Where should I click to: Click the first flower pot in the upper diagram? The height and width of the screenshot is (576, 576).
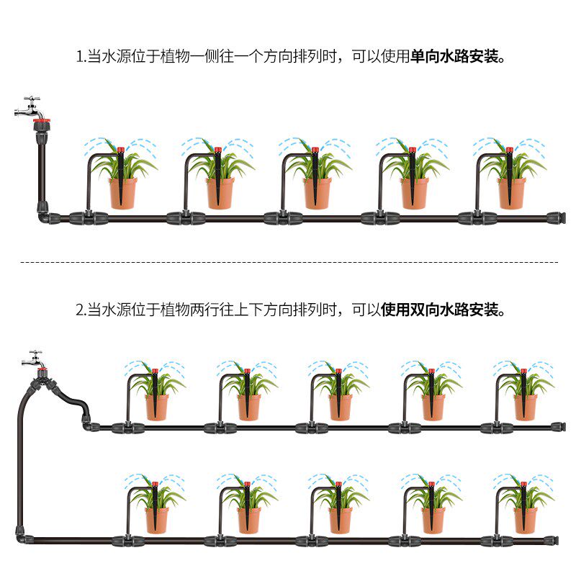(122, 192)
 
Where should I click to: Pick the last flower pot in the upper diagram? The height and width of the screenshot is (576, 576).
(511, 192)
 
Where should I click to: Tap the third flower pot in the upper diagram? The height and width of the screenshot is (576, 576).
(317, 192)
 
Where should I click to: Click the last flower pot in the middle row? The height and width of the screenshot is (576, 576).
(525, 407)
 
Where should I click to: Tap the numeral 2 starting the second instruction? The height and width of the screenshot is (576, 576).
(80, 310)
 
